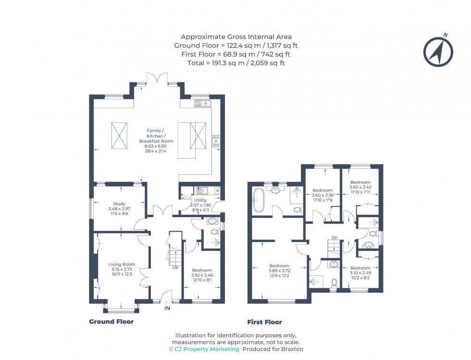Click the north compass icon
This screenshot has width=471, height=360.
tap(438, 50)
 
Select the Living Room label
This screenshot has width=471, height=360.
tap(122, 269)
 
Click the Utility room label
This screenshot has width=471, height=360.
tap(200, 204)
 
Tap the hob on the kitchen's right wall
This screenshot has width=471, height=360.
tap(216, 140)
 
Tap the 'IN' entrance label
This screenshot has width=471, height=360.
tap(167, 308)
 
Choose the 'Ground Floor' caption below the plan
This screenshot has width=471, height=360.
tap(111, 322)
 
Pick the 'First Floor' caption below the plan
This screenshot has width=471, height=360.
tap(264, 322)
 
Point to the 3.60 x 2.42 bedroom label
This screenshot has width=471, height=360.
tap(360, 187)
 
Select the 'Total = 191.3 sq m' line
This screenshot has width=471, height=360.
tap(235, 63)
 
